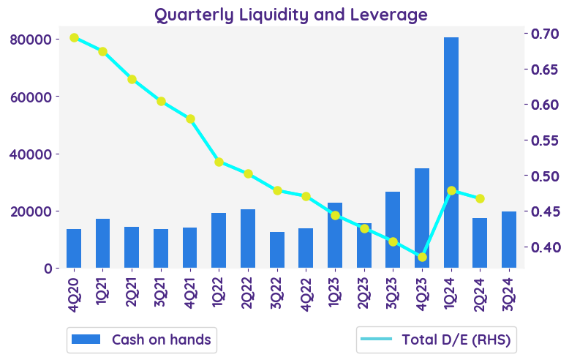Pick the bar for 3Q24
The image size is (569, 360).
pyautogui.click(x=509, y=240)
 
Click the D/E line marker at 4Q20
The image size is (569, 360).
pyautogui.click(x=74, y=37)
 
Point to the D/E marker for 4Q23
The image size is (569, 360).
pyautogui.click(x=422, y=257)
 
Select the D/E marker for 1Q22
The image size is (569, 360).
pyautogui.click(x=219, y=162)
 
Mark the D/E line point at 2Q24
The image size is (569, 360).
pyautogui.click(x=480, y=198)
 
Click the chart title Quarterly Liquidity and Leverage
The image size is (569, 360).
pyautogui.click(x=290, y=15)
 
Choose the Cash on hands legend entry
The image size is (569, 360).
pyautogui.click(x=142, y=340)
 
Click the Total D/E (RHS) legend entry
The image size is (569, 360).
pyautogui.click(x=436, y=340)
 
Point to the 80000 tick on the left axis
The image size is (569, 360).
pyautogui.click(x=34, y=39)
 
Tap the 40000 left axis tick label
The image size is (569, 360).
pyautogui.click(x=34, y=154)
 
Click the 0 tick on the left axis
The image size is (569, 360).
pyautogui.click(x=48, y=269)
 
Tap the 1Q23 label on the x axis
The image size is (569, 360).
pyautogui.click(x=336, y=294)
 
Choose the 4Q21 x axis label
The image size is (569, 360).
pyautogui.click(x=191, y=294)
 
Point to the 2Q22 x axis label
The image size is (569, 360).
pyautogui.click(x=249, y=294)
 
